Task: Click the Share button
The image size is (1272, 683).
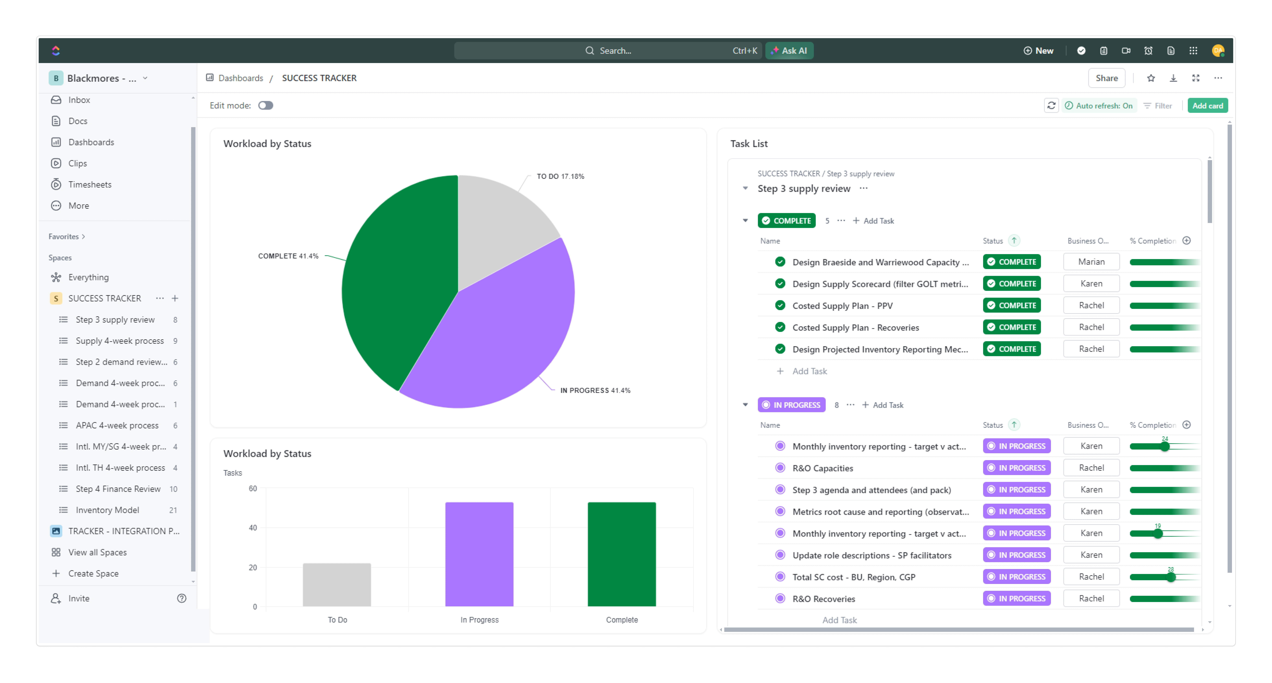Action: pyautogui.click(x=1106, y=78)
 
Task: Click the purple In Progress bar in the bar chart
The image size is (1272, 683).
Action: pyautogui.click(x=479, y=554)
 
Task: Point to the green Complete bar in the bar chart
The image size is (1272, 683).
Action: pyautogui.click(x=621, y=554)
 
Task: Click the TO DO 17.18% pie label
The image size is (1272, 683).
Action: pyautogui.click(x=560, y=176)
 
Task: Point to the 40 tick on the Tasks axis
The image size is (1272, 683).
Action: pyautogui.click(x=253, y=528)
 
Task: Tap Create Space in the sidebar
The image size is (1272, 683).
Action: pyautogui.click(x=93, y=573)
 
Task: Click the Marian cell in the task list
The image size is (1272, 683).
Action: pyautogui.click(x=1091, y=262)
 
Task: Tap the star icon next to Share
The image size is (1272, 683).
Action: pyautogui.click(x=1151, y=78)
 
